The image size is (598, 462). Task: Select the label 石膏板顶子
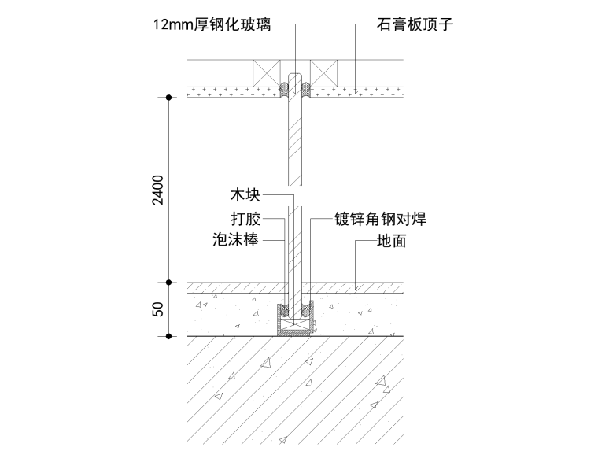pos(415,25)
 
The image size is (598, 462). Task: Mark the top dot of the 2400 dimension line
pos(168,98)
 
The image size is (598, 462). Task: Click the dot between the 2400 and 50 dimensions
pos(168,283)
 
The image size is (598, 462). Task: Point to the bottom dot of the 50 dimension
pos(168,337)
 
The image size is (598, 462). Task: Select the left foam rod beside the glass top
pos(284,89)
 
